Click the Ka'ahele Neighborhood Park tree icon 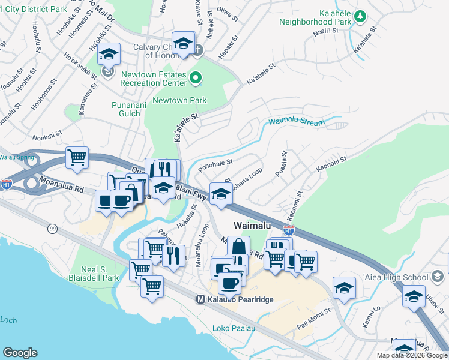pos(360,16)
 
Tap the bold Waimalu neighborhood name pos(252,225)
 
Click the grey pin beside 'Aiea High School pos(438,277)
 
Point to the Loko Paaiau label pos(234,328)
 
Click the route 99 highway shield pos(52,229)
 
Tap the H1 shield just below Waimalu pos(289,230)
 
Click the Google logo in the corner pos(20,353)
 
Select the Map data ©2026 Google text pos(412,355)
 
